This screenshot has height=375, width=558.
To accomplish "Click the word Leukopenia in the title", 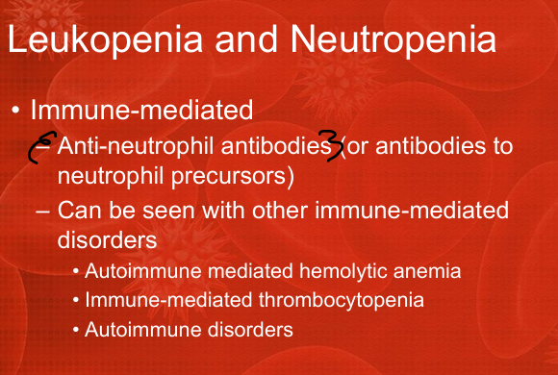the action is [x=105, y=39].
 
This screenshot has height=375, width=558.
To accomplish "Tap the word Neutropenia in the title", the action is [x=393, y=39].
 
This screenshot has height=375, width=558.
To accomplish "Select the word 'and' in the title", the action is [x=246, y=39].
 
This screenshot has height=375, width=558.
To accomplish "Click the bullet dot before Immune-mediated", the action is [x=15, y=110].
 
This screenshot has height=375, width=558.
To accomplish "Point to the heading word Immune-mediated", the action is [x=141, y=110].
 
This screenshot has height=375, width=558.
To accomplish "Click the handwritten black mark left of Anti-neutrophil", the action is [x=42, y=147].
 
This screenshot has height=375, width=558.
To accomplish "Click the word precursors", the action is [x=233, y=175].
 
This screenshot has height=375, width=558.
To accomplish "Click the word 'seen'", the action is [x=168, y=211].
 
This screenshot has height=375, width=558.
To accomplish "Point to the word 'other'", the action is [x=280, y=210].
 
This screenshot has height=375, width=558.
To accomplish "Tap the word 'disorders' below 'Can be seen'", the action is [x=107, y=239].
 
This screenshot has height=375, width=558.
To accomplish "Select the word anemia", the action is [x=427, y=272].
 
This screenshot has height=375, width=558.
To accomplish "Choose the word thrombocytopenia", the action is [x=342, y=301].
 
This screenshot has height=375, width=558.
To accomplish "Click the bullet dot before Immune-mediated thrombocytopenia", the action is [x=76, y=301].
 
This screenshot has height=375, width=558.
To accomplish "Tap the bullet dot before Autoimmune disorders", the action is [x=76, y=330].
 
